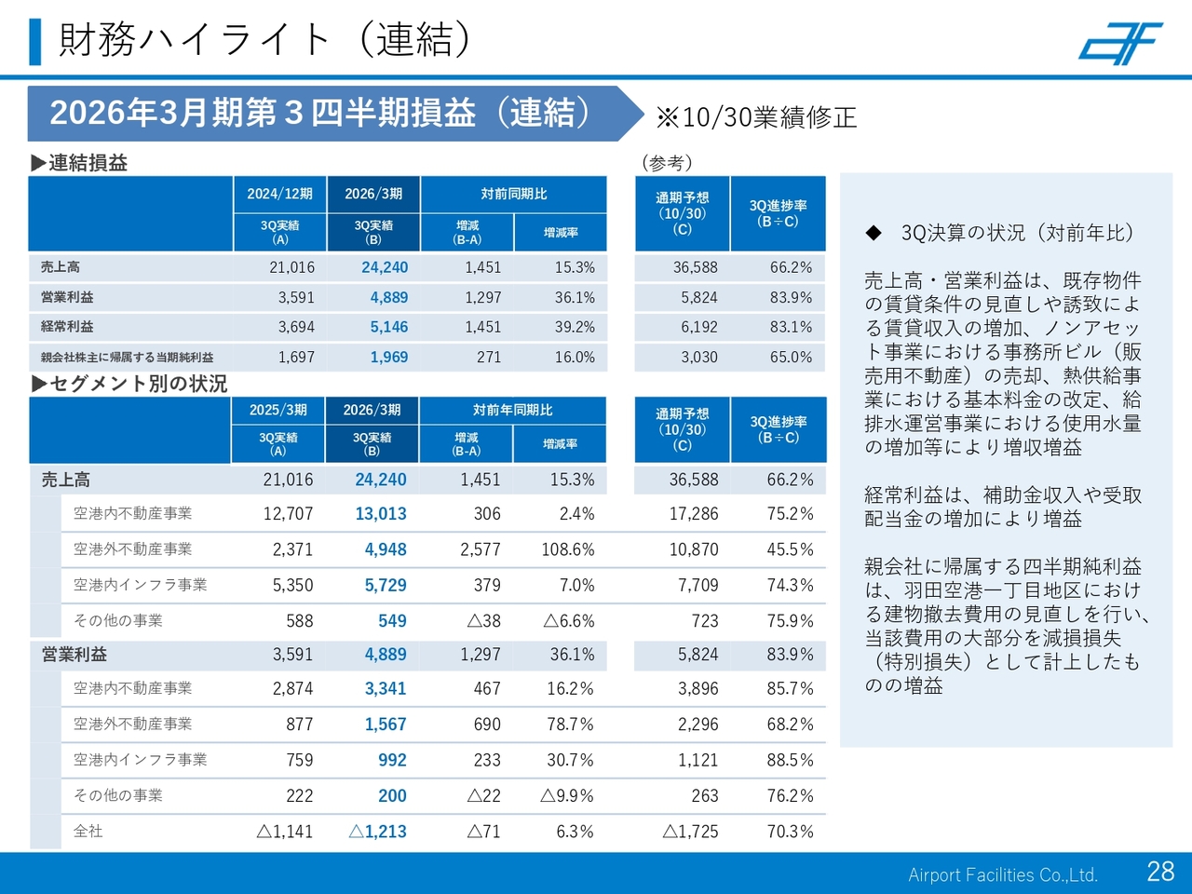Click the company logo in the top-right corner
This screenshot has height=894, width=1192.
point(1120,43)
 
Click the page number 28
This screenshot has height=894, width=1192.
point(1160,872)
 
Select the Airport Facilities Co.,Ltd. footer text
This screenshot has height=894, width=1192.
point(1003,875)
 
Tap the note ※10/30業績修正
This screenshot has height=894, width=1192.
point(755,117)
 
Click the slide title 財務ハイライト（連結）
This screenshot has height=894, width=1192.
point(264,39)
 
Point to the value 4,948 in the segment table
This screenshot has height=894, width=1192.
point(386,549)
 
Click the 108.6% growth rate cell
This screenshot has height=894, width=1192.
point(567,549)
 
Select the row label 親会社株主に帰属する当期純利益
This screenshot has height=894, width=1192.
point(127,358)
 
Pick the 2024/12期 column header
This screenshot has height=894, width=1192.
point(279,194)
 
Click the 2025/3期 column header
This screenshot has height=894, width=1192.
point(278,410)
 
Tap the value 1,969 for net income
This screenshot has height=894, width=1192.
point(389,358)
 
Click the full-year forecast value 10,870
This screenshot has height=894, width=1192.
point(694,549)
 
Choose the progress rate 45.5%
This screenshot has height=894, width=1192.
point(790,549)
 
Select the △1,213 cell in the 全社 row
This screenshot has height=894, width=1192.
point(377,832)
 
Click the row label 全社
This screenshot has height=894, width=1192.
point(88,832)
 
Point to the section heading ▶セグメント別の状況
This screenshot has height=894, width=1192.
point(129,384)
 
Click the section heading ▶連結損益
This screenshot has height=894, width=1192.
point(79,163)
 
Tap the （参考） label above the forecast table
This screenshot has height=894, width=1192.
point(667,163)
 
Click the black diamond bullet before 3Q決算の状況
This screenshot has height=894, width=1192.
point(873,233)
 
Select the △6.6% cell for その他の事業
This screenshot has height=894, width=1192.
point(568,621)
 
